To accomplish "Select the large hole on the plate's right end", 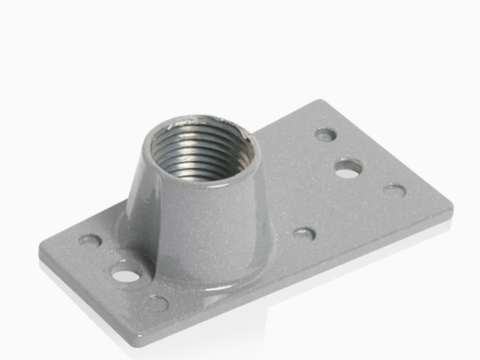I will [x=348, y=166].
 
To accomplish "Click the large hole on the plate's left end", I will [x=127, y=274].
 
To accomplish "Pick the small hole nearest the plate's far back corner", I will [x=325, y=135].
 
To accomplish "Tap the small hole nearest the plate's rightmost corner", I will [x=394, y=190].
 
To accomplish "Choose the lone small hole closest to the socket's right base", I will [x=303, y=234].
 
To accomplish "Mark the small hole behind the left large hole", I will [x=89, y=240].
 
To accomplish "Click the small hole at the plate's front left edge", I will [x=156, y=303].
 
